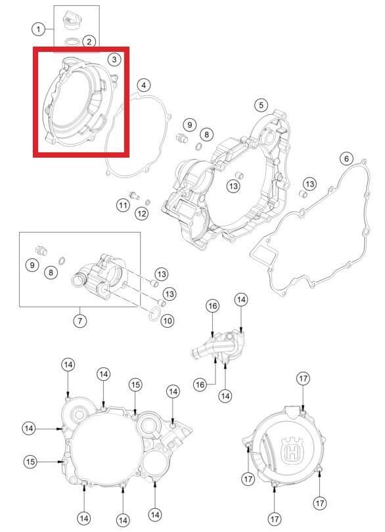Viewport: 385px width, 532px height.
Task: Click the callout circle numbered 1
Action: pos(38,29)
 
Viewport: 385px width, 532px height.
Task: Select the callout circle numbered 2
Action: pos(89,42)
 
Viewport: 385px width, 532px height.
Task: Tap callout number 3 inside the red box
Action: pos(114,59)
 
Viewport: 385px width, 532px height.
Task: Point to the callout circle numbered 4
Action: pos(144,85)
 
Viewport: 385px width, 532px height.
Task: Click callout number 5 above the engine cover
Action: pos(261,105)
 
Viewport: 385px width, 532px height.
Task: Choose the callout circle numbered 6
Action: pos(346,158)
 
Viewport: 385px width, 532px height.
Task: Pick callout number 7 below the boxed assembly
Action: pos(79,321)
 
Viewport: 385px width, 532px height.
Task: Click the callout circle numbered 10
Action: pos(167,321)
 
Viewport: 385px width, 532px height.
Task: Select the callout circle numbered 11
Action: pos(123,205)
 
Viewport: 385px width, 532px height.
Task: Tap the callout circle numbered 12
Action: pos(141,213)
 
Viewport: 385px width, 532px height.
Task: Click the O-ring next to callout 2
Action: pos(72,42)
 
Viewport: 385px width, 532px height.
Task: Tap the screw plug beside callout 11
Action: pos(135,195)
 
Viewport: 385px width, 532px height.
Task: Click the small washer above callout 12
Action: pos(147,202)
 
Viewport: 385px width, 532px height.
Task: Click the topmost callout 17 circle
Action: pos(303,378)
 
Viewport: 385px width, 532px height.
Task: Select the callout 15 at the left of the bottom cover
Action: pos(31,462)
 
